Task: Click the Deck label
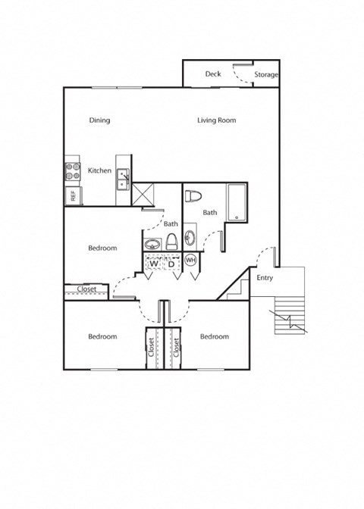pyautogui.click(x=212, y=74)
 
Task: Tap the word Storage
pyautogui.click(x=266, y=75)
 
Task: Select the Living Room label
pyautogui.click(x=217, y=120)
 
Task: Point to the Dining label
pyautogui.click(x=99, y=120)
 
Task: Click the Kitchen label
pyautogui.click(x=100, y=170)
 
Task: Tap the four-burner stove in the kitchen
pyautogui.click(x=73, y=170)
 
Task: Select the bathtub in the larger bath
pyautogui.click(x=237, y=202)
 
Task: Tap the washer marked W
pyautogui.click(x=153, y=263)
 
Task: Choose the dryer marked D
pyautogui.click(x=171, y=263)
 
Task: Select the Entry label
pyautogui.click(x=264, y=278)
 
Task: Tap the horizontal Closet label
pyautogui.click(x=86, y=289)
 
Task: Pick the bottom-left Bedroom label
pyautogui.click(x=102, y=336)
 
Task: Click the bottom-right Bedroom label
pyautogui.click(x=215, y=336)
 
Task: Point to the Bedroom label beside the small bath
pyautogui.click(x=102, y=248)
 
